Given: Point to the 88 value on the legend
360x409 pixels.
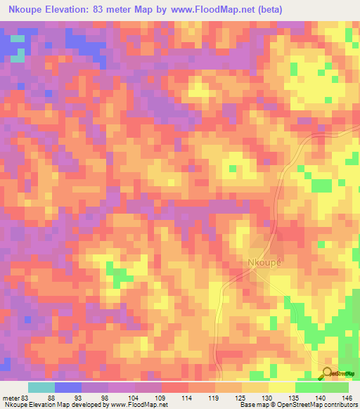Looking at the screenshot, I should tap(51, 397).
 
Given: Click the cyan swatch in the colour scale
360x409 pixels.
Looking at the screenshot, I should tap(41, 387).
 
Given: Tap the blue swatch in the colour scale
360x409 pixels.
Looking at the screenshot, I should tap(68, 387).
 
